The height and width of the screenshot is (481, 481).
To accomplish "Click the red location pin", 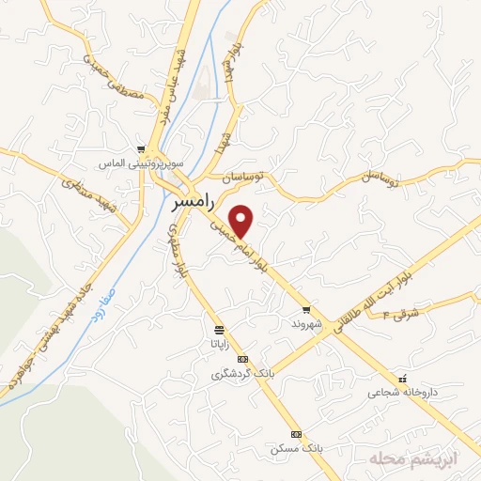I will click(242, 221).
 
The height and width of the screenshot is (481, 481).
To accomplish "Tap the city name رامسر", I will click(198, 200).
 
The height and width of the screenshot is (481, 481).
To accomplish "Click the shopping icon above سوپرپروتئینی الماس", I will click(141, 149).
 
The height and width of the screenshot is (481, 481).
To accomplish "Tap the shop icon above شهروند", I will click(306, 310).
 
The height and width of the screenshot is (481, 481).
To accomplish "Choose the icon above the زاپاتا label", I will click(219, 330).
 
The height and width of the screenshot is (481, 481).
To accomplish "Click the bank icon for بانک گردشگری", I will click(242, 360).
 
